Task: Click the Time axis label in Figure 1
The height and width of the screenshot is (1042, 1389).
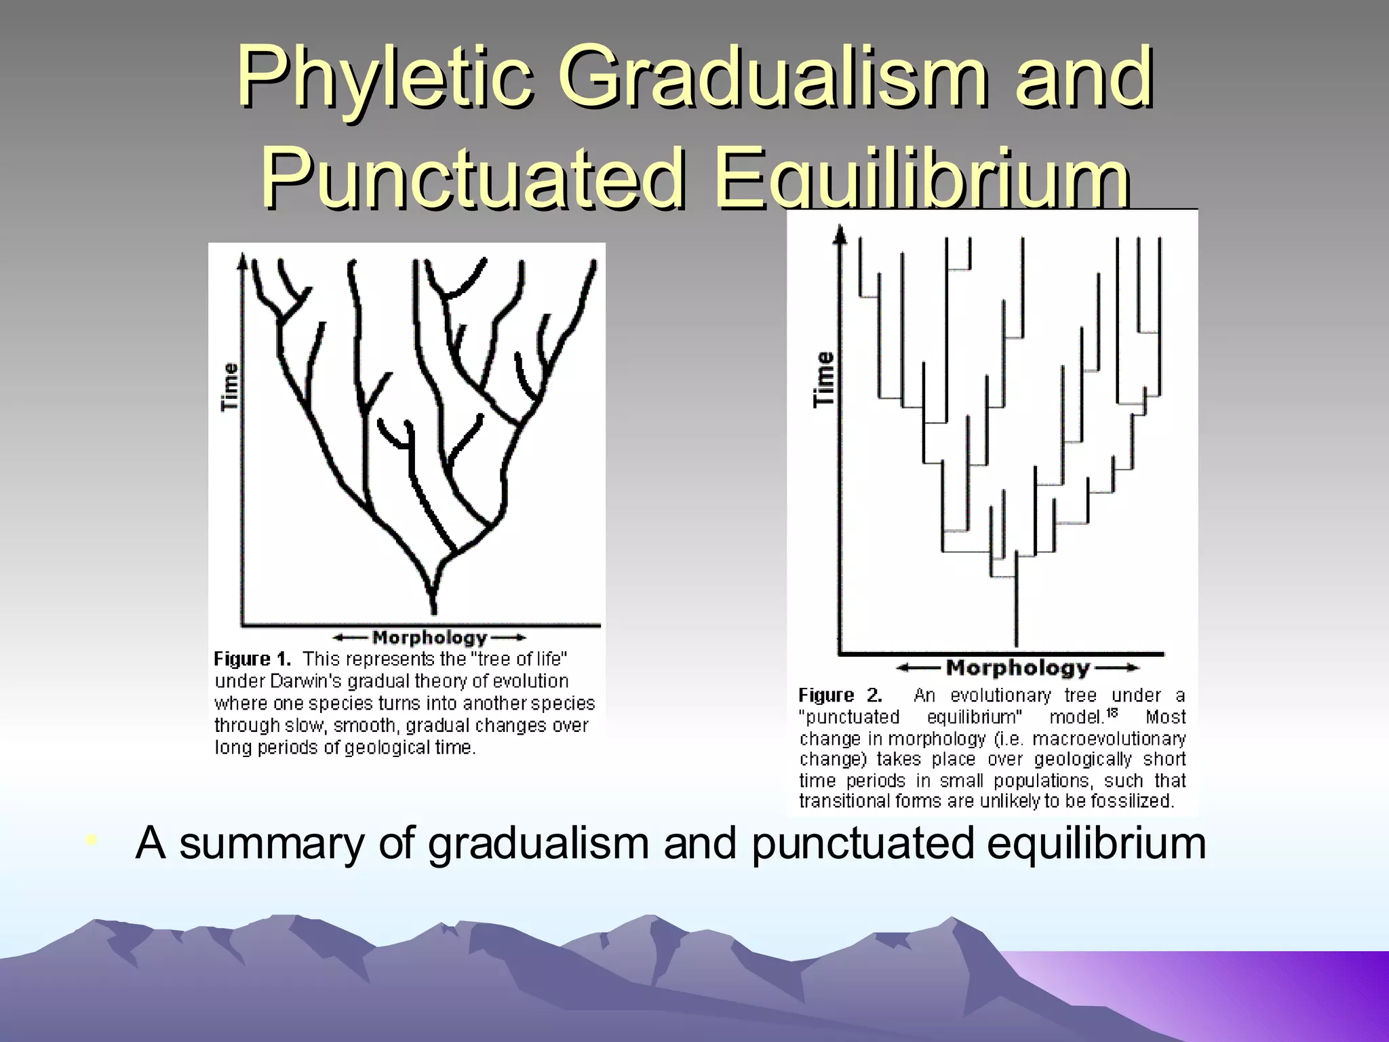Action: point(231,387)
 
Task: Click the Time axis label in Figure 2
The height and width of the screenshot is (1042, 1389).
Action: point(824,379)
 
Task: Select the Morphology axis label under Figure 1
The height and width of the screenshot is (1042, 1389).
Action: point(430,638)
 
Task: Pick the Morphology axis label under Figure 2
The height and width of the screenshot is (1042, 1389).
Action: point(1017,668)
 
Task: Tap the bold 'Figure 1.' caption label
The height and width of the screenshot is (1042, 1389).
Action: point(252,659)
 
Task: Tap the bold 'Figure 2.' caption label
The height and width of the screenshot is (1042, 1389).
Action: point(840,695)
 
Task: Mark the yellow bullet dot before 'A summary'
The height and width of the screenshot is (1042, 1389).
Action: point(92,842)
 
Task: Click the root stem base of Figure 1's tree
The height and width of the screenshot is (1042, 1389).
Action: point(433,604)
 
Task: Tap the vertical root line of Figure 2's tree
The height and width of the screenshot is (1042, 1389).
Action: point(1016,611)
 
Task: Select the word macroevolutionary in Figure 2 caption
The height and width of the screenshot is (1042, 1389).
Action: point(1109,738)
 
